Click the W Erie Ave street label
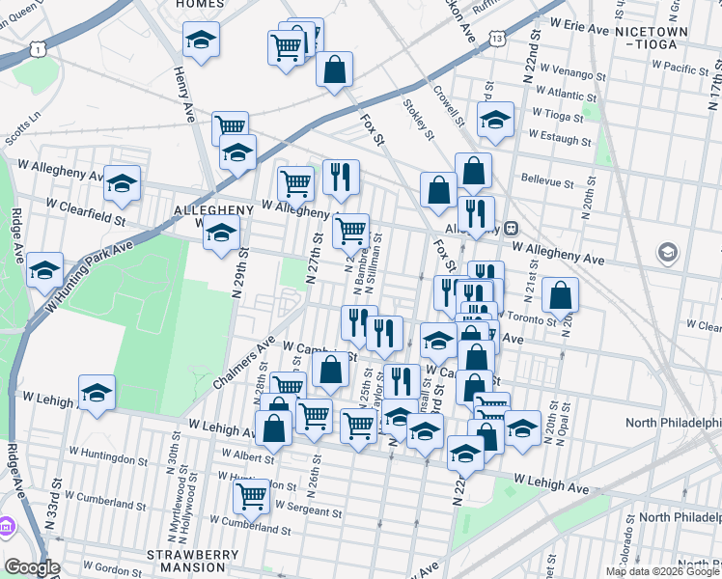579,29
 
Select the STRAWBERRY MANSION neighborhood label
192,562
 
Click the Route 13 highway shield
496,39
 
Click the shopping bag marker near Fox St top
334,69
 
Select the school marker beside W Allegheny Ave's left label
123,184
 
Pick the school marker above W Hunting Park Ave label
44,271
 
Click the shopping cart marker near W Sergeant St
252,497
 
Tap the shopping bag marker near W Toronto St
560,296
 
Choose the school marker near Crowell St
495,121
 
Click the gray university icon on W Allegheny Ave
667,253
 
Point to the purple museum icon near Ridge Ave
6,527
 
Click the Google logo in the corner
31,568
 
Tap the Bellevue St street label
546,180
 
